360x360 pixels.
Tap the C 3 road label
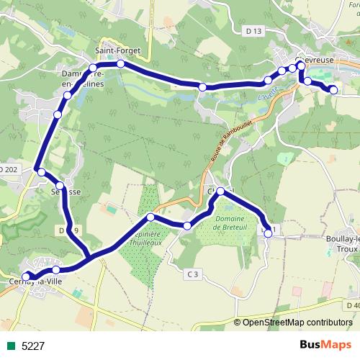point(192,274)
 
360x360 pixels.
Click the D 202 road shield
point(7,169)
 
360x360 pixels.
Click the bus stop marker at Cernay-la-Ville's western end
point(27,276)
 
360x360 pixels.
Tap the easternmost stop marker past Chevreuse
point(333,90)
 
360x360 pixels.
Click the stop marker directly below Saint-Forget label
point(120,64)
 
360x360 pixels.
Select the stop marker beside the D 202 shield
point(42,172)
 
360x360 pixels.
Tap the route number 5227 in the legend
point(33,346)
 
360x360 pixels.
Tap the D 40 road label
point(352,305)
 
